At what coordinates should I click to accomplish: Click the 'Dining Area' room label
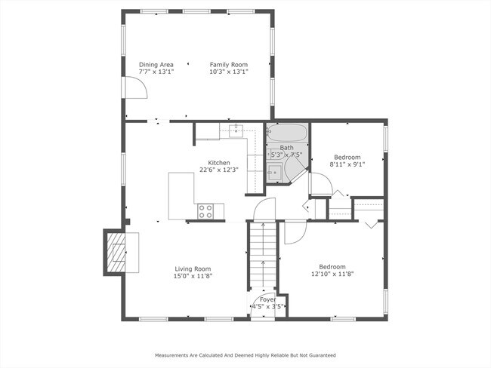(x=156, y=65)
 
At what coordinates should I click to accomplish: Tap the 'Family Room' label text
(x=228, y=65)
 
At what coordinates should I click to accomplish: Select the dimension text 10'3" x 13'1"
(x=228, y=72)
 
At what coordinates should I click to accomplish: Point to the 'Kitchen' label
(x=219, y=163)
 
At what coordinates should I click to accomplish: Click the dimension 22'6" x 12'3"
(x=219, y=170)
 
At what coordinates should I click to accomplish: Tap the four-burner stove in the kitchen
(x=206, y=211)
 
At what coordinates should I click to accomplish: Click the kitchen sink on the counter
(x=236, y=131)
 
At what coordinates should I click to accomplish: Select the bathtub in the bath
(x=287, y=133)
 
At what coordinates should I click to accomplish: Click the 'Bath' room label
(x=287, y=148)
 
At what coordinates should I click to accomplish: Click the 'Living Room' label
(x=193, y=268)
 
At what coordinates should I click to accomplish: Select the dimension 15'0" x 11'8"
(x=193, y=276)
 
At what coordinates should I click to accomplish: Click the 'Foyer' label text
(x=268, y=299)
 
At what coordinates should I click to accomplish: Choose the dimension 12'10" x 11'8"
(x=332, y=274)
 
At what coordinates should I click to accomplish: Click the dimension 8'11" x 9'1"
(x=347, y=164)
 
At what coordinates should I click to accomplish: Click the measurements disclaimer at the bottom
(x=246, y=354)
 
